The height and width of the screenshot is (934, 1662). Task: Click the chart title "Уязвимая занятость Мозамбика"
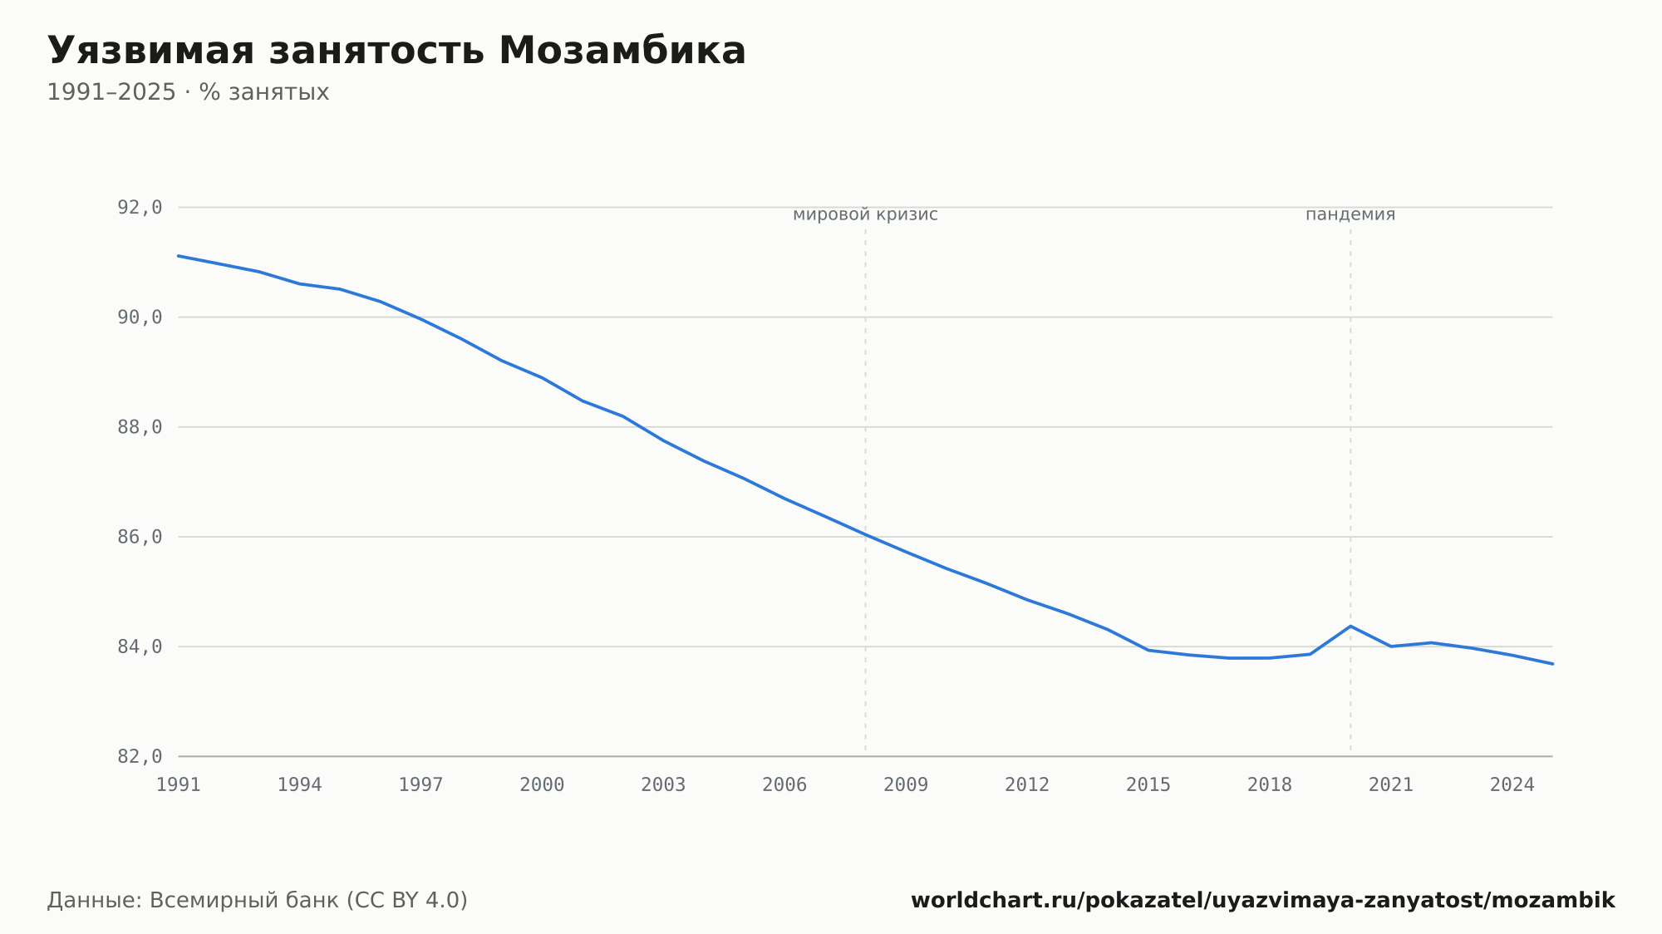[396, 51]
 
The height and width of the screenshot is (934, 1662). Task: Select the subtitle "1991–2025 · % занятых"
[188, 92]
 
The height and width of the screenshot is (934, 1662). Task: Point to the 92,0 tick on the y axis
[140, 208]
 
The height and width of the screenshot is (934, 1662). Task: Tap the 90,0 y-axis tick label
[140, 317]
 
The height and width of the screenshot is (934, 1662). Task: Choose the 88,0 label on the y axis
[140, 427]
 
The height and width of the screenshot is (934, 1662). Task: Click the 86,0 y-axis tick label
[140, 537]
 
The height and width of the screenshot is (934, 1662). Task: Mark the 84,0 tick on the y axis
[140, 646]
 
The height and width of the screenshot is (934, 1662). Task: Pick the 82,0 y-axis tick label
[140, 756]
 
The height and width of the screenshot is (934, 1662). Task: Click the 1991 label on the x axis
[179, 785]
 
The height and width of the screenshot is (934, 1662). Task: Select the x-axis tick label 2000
[542, 785]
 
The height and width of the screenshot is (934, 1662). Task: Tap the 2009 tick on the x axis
[906, 785]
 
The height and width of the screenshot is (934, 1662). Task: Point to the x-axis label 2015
[1148, 785]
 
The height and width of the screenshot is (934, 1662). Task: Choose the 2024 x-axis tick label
[1512, 785]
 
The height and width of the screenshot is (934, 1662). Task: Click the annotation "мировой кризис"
[865, 214]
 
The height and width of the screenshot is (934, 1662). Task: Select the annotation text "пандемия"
[1350, 214]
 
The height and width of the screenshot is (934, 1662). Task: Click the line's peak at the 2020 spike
[1350, 626]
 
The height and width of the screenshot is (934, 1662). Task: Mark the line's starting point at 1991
[179, 256]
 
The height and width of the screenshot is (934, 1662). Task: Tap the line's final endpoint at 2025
[1552, 664]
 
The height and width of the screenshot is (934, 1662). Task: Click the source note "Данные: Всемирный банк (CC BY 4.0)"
[258, 900]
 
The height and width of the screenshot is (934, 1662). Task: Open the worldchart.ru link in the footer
[1263, 900]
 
